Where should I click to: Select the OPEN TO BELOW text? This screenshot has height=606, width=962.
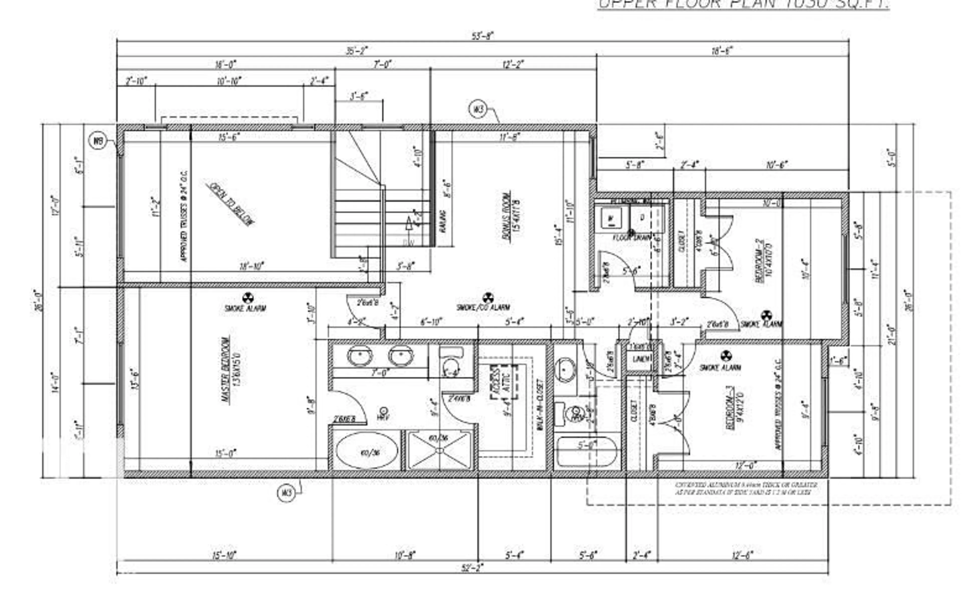[x=230, y=204]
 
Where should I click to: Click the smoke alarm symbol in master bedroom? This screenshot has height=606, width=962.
[x=248, y=298]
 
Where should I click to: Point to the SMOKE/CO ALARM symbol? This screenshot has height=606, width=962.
[x=488, y=298]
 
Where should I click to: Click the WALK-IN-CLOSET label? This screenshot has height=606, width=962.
[x=539, y=404]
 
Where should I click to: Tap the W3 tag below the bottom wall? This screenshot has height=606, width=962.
[x=286, y=493]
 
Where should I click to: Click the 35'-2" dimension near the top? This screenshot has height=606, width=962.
[x=356, y=51]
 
